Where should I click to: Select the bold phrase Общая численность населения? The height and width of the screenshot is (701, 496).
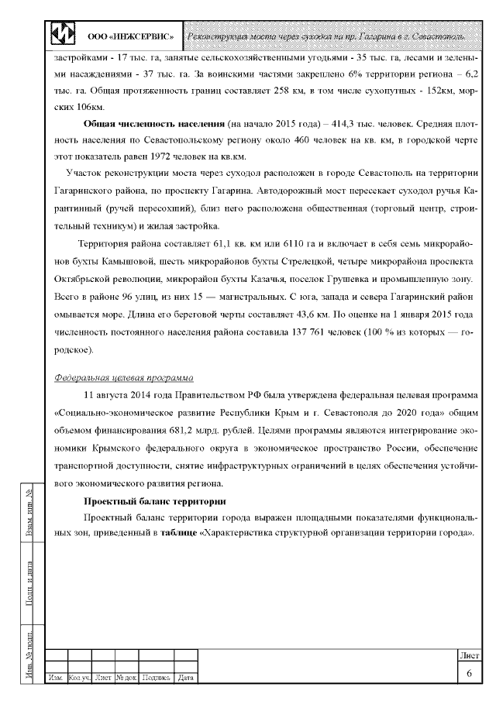[153, 124]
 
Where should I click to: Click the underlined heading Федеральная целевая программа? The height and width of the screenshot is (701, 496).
[125, 379]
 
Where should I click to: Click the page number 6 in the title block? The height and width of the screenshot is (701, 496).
[469, 672]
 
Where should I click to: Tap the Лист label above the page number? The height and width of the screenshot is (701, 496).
[469, 655]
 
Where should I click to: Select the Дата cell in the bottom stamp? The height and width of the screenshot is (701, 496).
[185, 679]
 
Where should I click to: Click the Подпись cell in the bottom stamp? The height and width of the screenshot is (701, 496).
[157, 679]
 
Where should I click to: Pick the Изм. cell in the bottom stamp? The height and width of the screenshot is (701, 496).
[57, 679]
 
